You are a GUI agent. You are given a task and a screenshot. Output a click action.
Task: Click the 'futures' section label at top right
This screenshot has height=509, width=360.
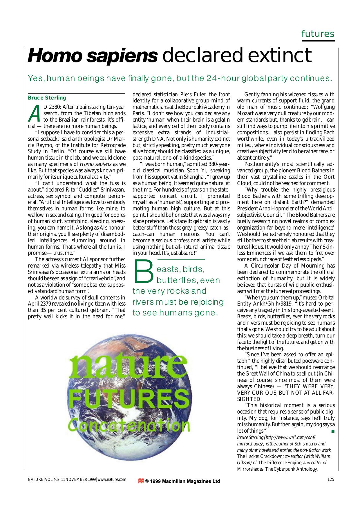pos(318,34)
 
